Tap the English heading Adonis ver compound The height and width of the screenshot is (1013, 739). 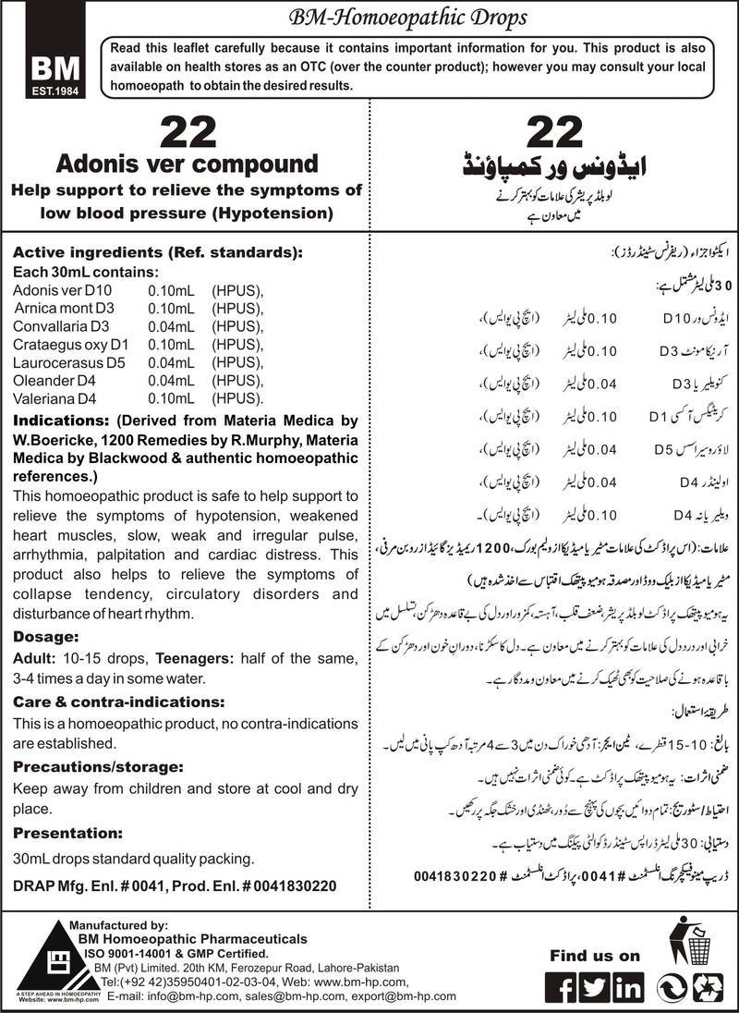[187, 165]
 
